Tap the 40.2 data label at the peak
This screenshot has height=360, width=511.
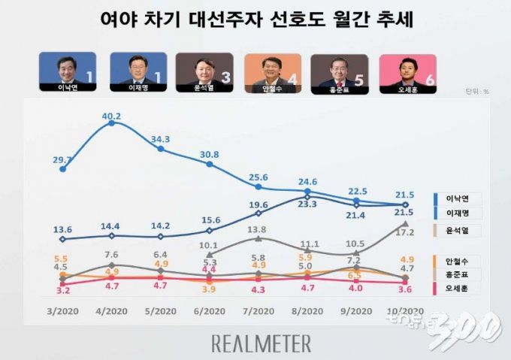[112, 116]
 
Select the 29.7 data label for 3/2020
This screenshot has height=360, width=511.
[65, 160]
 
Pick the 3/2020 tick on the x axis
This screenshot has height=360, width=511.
[62, 310]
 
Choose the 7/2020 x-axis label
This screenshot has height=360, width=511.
[258, 310]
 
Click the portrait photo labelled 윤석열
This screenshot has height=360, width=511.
[203, 71]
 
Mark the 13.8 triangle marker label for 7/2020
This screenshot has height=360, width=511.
[258, 229]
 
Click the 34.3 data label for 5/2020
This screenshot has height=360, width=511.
[161, 140]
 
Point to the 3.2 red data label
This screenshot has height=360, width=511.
[62, 289]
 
